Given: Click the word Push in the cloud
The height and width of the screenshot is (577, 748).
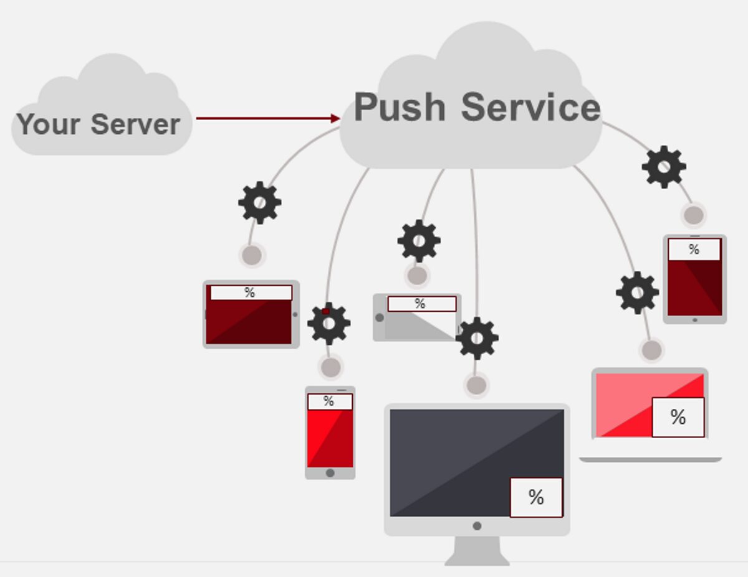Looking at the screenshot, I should [400, 107].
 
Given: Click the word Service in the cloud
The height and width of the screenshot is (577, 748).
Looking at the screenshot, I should [530, 107].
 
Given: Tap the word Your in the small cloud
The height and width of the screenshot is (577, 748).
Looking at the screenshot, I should [49, 124].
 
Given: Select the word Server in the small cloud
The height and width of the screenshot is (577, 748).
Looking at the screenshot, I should [135, 124].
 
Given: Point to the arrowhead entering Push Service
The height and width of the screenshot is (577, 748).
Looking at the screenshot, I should [336, 118].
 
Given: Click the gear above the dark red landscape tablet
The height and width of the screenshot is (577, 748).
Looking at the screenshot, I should [259, 202].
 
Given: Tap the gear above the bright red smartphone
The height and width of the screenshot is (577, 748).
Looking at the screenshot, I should [328, 323].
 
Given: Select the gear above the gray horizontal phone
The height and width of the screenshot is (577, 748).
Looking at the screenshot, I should [419, 241].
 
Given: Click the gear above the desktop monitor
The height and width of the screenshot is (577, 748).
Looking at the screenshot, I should [477, 338].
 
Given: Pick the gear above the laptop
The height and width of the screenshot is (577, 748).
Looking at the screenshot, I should [637, 293].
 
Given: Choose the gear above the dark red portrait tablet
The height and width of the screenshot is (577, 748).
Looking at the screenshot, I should [664, 167].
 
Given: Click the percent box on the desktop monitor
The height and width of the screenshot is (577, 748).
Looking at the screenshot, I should [536, 497].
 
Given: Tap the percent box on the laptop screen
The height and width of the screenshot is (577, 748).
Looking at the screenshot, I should [678, 417].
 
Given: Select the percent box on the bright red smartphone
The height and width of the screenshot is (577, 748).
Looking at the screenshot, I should [329, 402].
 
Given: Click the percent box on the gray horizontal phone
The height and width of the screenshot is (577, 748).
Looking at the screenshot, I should [421, 304].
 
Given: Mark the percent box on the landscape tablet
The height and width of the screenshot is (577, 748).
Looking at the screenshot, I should [251, 293].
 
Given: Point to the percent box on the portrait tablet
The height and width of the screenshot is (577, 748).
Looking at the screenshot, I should [694, 250].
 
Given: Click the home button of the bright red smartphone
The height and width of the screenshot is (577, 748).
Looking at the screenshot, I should [330, 473].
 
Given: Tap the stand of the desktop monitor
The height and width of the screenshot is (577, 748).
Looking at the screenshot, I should [477, 551].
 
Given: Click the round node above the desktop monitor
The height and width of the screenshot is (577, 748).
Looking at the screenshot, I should [476, 385].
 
